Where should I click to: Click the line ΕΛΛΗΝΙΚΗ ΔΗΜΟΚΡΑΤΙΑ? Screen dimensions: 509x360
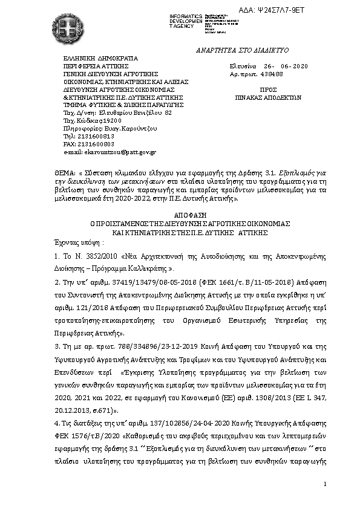(100, 58)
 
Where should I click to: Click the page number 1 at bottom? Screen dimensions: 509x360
(325, 484)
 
